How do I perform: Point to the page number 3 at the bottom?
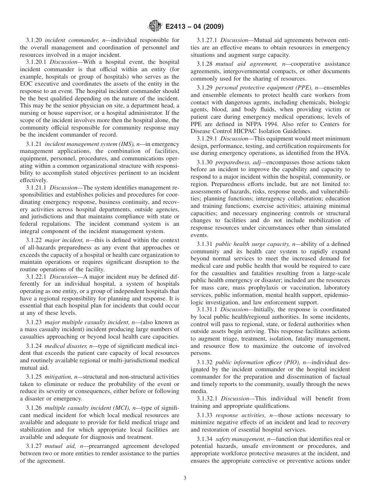point(185,478)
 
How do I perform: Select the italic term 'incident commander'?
point(67,40)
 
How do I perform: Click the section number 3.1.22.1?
point(37,277)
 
